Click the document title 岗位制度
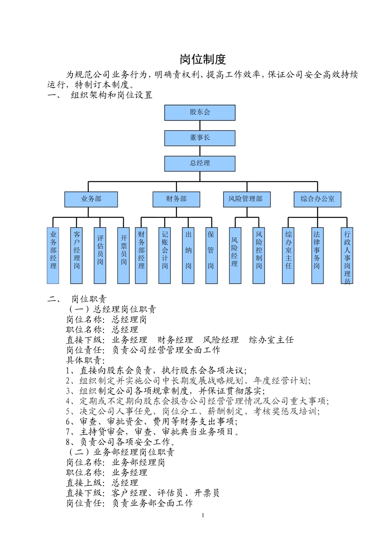203,59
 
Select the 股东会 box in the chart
200,113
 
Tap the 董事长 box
200,138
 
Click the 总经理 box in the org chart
200,164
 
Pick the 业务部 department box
91,199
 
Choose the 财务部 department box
176,199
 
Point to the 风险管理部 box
247,199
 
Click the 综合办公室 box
317,199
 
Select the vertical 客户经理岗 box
77,255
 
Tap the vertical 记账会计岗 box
165,255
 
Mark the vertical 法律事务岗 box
317,255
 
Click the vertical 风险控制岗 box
259,255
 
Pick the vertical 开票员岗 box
123,255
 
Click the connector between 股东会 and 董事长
200,125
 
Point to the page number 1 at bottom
203,515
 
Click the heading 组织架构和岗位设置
111,95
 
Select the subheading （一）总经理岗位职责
112,309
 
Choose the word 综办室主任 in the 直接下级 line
271,340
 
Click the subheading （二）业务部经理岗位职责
121,452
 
